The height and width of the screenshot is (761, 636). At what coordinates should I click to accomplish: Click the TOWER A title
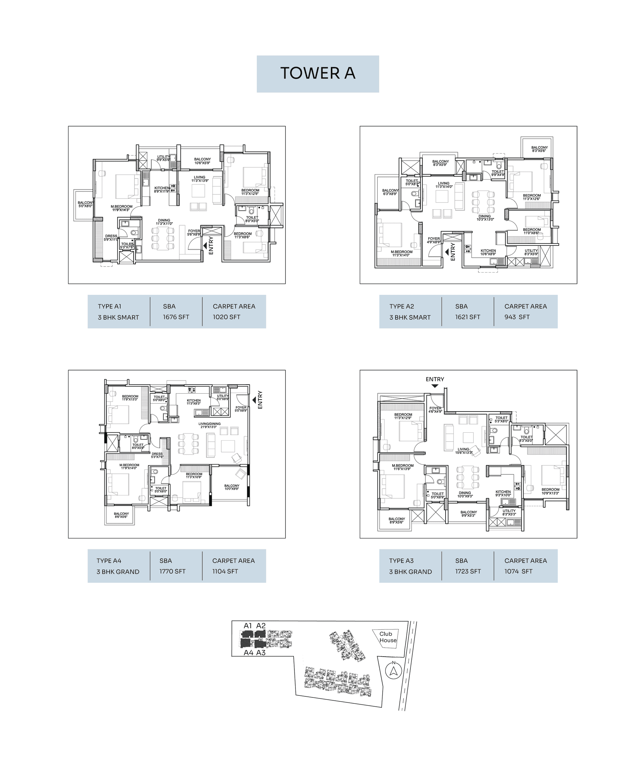coord(317,73)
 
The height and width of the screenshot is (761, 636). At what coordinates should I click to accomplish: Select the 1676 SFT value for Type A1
coord(176,317)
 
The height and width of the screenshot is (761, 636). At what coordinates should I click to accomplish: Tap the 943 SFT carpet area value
coord(517,317)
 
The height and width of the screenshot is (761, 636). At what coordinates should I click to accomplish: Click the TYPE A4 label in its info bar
coord(109,561)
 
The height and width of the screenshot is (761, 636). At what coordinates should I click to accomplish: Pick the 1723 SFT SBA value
coord(468,571)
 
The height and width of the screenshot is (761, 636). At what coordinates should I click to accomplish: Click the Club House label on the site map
coord(388,637)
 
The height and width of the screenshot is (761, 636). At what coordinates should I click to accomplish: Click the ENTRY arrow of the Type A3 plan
coord(435,386)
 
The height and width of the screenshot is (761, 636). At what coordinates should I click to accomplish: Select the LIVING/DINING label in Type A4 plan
coord(209,424)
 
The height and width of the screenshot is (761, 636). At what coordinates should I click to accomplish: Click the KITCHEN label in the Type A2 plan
coord(488,251)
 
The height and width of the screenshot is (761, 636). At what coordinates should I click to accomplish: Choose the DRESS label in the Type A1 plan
coord(111,236)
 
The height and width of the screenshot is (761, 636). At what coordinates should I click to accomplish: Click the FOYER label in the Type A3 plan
coord(435,408)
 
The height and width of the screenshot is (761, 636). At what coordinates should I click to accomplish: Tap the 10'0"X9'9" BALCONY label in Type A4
coord(232,486)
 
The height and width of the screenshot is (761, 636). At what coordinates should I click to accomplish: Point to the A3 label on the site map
coord(261,653)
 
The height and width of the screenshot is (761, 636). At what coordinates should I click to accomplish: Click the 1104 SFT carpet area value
coord(225,571)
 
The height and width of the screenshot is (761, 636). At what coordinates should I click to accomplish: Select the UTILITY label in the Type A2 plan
coord(531,251)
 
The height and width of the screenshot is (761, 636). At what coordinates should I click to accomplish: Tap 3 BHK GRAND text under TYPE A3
coord(410,572)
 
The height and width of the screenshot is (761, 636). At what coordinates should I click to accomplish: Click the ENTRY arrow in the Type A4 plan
coord(254,400)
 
